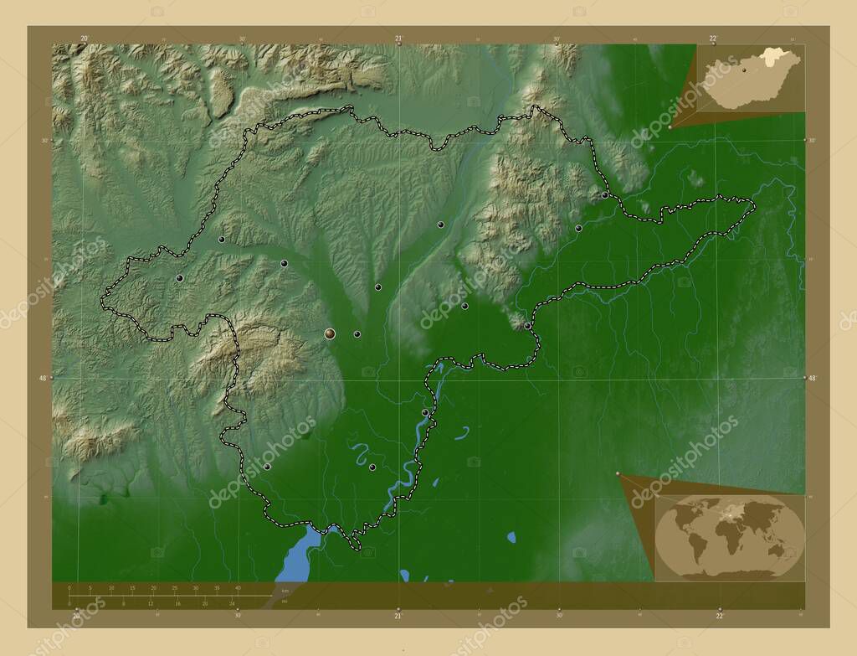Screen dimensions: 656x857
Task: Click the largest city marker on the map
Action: (330, 333)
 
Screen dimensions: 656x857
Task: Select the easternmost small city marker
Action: (605, 194)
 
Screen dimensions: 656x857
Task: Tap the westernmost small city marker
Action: (179, 277)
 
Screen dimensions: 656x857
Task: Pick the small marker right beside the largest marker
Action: (357, 334)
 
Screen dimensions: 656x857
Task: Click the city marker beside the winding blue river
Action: (425, 412)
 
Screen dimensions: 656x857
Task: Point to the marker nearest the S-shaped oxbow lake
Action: (372, 467)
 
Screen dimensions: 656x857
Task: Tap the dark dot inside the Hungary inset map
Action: (744, 71)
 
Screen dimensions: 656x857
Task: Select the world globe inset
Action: (730, 537)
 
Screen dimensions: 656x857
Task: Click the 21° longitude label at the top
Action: (398, 38)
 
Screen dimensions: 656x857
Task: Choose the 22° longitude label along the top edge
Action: (713, 38)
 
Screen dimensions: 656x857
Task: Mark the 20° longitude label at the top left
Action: (84, 38)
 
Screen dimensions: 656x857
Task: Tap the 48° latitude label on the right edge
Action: (812, 378)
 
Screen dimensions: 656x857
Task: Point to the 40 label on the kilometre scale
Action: (238, 587)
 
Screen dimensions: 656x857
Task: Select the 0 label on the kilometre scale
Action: (69, 587)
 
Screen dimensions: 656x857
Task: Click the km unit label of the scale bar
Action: (285, 591)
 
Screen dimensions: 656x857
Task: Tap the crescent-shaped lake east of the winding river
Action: (462, 433)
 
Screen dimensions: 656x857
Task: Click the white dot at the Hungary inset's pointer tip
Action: (670, 127)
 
